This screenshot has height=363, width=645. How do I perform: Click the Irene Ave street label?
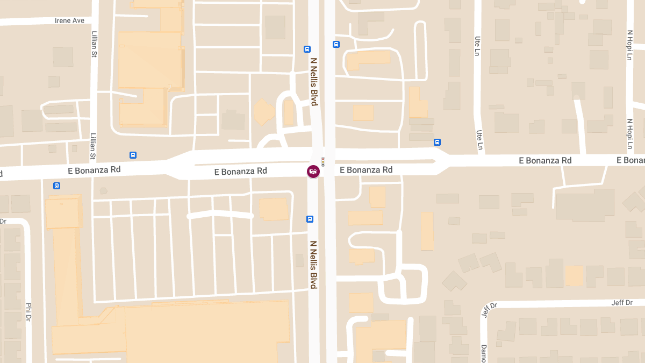[x=70, y=20]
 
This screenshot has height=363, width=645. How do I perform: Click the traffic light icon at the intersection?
[x=323, y=161]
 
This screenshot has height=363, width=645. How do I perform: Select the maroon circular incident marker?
[x=313, y=172]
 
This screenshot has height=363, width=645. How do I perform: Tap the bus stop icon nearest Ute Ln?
[x=437, y=143]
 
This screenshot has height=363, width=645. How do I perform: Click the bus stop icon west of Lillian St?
[x=56, y=186]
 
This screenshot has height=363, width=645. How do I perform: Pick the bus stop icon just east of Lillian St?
[x=133, y=155]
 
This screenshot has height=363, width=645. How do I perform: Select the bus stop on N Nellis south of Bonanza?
[x=310, y=219]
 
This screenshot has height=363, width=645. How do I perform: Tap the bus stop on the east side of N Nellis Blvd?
[x=336, y=45]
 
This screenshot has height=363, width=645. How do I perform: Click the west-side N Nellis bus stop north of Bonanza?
[x=307, y=49]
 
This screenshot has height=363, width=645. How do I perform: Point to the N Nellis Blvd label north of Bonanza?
[x=314, y=82]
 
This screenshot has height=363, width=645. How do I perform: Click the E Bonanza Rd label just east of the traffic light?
[x=366, y=170]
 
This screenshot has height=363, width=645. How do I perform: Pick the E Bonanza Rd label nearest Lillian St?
[x=94, y=170]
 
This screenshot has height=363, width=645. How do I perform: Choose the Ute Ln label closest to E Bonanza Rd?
[x=479, y=139]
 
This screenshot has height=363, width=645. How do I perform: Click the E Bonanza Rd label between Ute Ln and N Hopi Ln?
[x=545, y=160]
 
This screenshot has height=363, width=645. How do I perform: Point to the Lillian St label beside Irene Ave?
[x=94, y=44]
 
